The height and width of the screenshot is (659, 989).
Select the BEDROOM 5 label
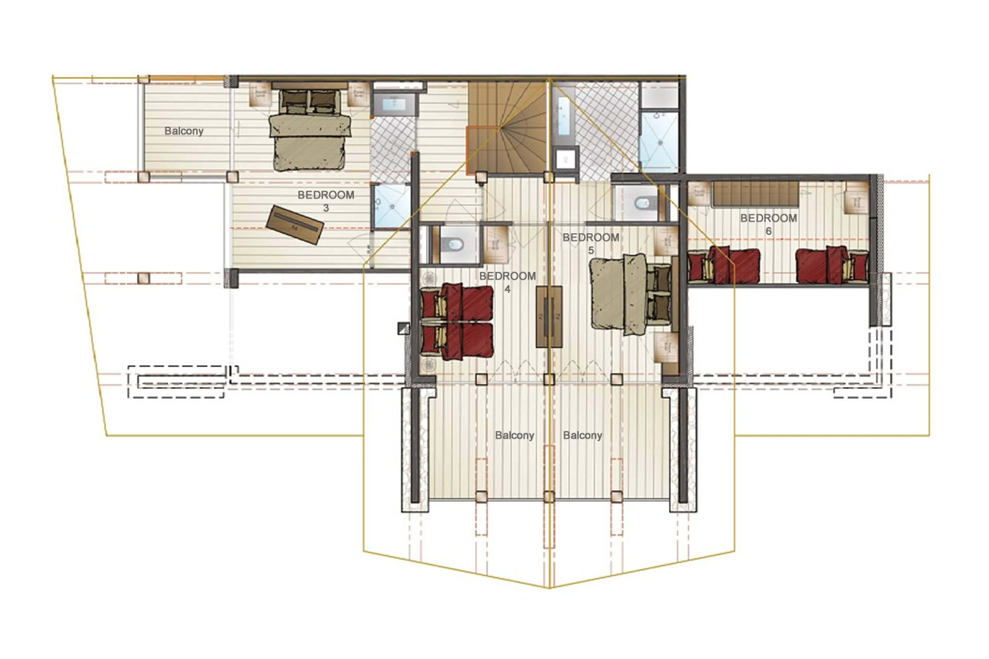[x=591, y=243]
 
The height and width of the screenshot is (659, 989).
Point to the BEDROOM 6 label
[x=768, y=224]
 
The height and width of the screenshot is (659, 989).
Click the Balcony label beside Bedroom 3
[x=184, y=131]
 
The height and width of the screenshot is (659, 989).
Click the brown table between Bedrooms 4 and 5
[x=549, y=316]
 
